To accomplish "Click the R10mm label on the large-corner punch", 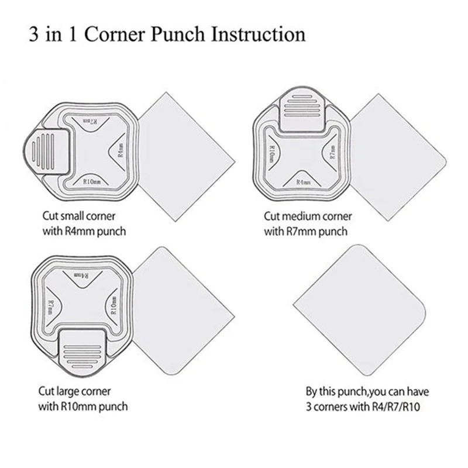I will pyautogui.click(x=113, y=304).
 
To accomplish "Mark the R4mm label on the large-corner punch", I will pyautogui.click(x=82, y=274).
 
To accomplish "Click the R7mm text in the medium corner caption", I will pyautogui.click(x=304, y=231).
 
